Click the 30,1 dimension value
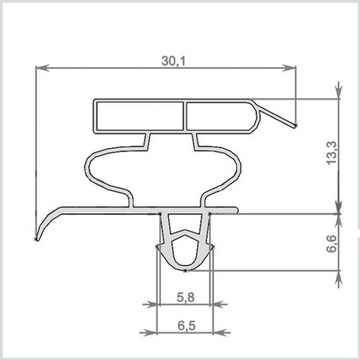173,61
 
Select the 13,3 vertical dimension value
332,153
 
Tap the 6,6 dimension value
332,244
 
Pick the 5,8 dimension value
185,297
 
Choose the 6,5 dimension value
187,326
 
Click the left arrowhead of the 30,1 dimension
43,68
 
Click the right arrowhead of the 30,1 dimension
289,68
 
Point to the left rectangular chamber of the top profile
140,116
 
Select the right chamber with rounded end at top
221,116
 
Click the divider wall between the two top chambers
185,116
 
